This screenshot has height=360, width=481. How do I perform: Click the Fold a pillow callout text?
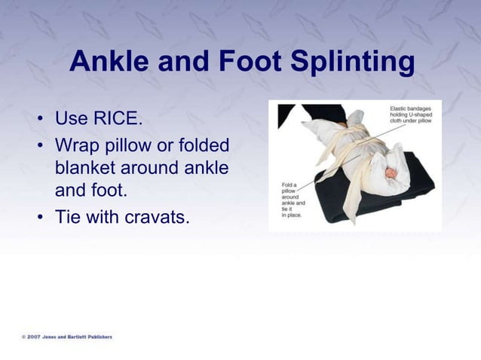293,200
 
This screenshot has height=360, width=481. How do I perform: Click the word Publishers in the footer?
97,337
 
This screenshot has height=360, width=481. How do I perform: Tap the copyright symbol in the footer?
23,337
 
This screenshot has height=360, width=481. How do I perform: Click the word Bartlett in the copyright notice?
72,337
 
